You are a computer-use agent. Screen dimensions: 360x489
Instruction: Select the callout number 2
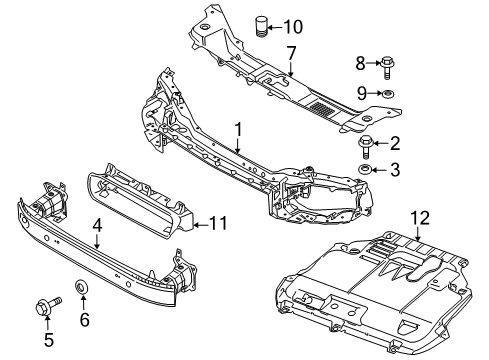395,143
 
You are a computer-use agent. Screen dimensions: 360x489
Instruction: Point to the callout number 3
395,170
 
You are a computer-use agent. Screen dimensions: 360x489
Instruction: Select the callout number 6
84,320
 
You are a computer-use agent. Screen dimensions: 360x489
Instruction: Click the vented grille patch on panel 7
324,105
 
